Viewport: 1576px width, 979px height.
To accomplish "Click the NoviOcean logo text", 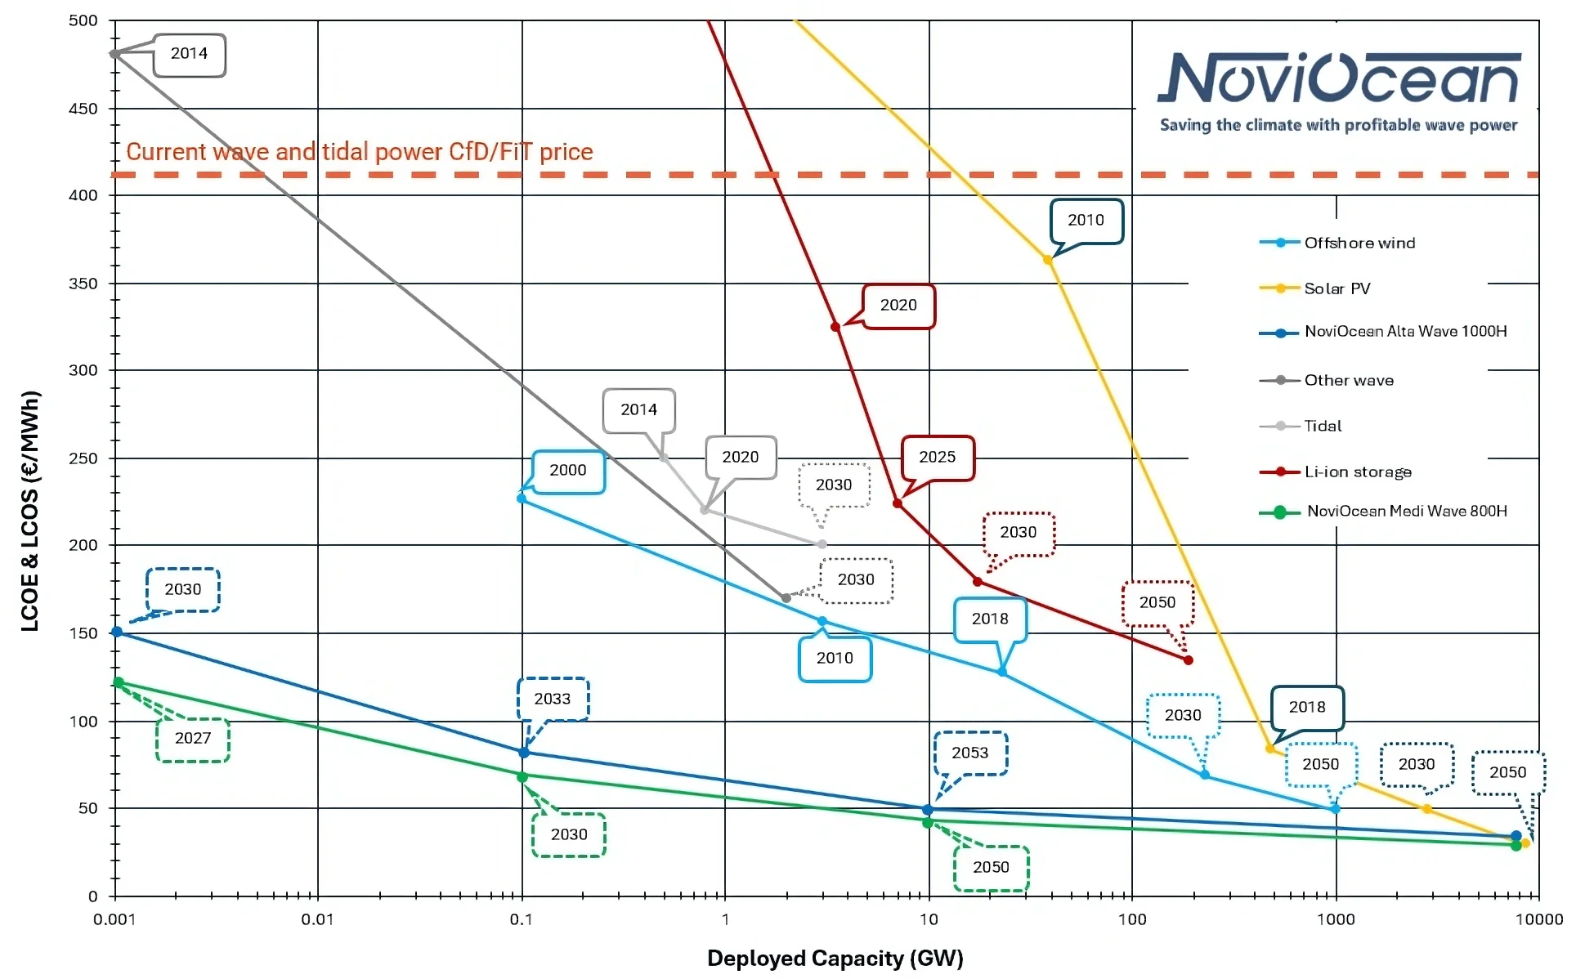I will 1339,79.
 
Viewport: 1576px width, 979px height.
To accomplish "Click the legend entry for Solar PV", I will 1336,288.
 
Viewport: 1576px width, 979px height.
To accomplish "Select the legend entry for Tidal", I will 1322,426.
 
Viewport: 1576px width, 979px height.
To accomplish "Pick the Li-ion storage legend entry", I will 1357,472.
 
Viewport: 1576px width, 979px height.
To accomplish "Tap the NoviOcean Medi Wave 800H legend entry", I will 1406,511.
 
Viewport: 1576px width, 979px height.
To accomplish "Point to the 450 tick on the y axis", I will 83,109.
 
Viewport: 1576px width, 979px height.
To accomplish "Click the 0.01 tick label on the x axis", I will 317,919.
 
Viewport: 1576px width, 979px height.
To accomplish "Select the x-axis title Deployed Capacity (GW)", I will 835,958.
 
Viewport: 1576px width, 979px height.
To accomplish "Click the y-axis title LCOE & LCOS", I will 30,511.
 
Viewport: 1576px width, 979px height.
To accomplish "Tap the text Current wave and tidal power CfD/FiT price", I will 360,152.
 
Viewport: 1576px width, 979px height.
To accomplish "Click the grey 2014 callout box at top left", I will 189,54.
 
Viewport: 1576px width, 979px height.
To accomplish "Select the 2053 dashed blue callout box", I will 970,753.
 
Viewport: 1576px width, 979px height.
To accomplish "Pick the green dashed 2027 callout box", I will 193,739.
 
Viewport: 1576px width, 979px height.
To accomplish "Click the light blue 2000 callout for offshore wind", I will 567,471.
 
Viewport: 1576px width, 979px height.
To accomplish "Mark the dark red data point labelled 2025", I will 898,503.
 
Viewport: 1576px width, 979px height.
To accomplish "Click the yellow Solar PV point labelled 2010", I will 1048,260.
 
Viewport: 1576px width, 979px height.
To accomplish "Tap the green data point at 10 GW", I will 927,823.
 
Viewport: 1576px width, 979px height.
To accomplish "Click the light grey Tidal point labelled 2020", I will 704,510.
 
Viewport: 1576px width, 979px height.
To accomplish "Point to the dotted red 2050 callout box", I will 1157,603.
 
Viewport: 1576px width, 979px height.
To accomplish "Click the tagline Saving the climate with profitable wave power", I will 1338,125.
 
